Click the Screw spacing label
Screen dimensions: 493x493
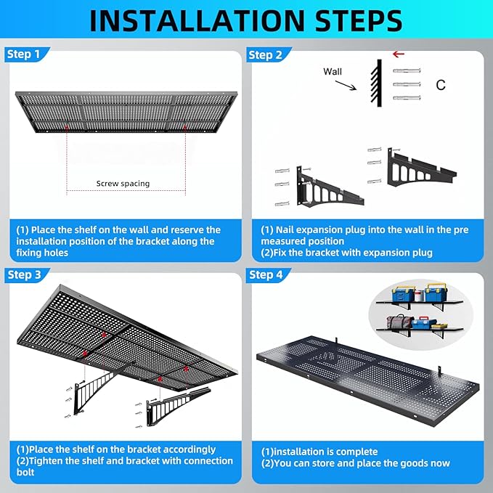coord(123,184)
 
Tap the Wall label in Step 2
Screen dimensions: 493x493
coord(333,72)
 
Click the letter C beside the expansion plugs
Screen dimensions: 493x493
coord(441,85)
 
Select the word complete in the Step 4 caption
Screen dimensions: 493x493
coord(353,452)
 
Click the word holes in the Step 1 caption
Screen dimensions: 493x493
coord(61,253)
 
